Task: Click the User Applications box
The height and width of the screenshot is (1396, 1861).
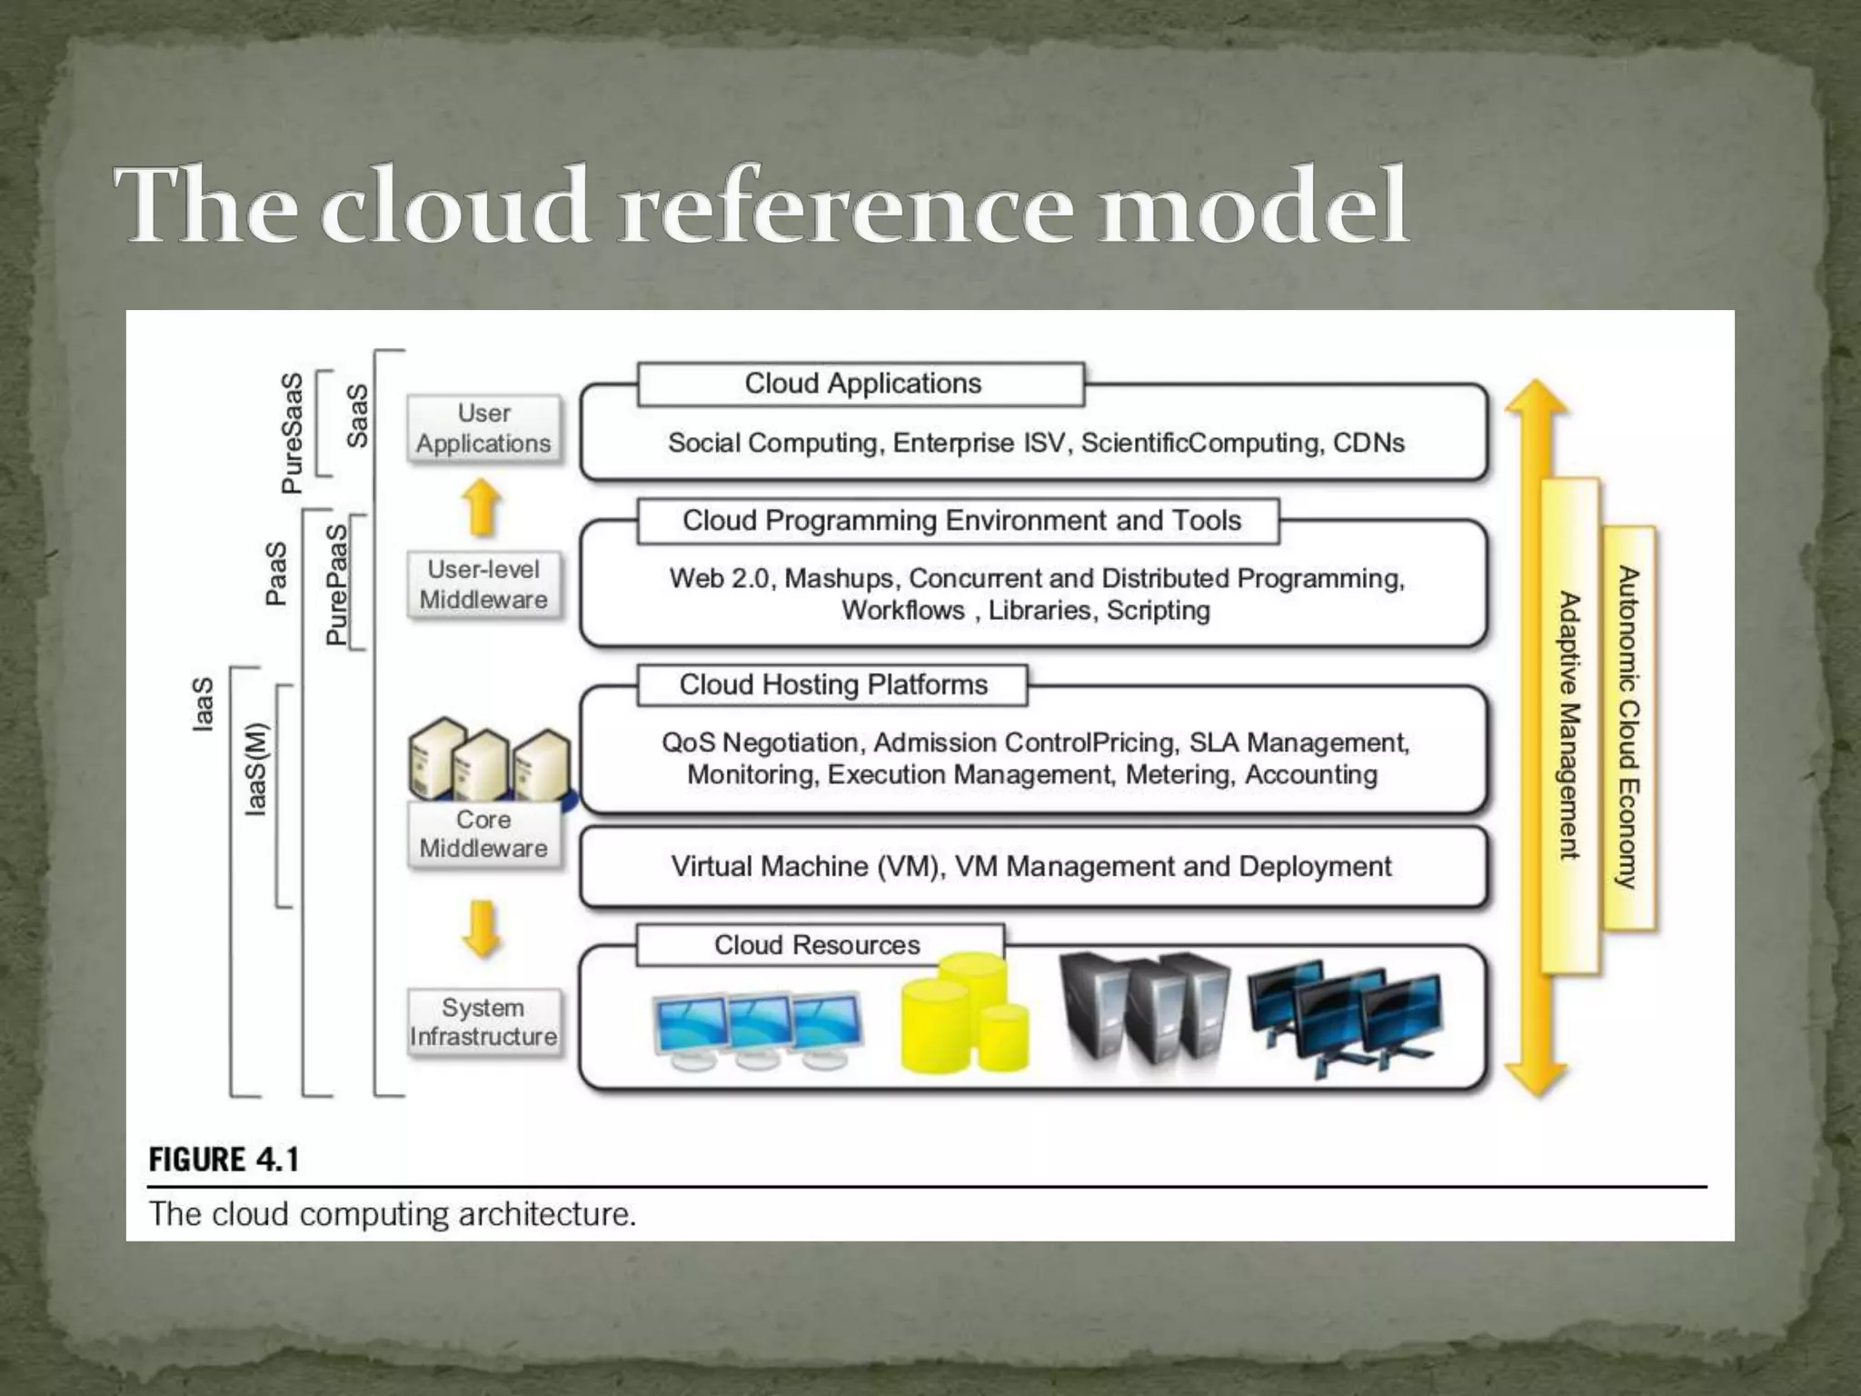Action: [x=483, y=429]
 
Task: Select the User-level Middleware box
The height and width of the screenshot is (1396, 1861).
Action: [x=483, y=584]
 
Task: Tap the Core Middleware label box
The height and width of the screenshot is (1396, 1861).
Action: [x=483, y=834]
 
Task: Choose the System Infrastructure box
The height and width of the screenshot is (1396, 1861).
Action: [x=483, y=1022]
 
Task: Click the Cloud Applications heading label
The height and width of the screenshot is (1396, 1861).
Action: [x=861, y=384]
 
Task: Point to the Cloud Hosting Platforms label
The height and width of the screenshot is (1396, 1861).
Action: [x=832, y=684]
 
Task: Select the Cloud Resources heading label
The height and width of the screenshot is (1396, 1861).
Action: [x=818, y=945]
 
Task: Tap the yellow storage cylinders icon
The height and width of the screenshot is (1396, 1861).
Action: [x=965, y=1012]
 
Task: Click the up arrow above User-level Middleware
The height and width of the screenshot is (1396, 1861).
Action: [x=483, y=507]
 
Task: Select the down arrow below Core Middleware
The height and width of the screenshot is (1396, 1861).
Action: [x=483, y=929]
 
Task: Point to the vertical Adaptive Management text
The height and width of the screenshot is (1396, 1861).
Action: [x=1569, y=725]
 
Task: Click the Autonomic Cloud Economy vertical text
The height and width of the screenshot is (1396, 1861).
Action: [x=1628, y=727]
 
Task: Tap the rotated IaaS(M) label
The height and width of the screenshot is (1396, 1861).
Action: [x=258, y=769]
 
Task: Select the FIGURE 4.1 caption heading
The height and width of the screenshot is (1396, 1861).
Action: [x=224, y=1160]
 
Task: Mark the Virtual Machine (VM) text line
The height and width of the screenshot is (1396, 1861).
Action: [x=1030, y=866]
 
